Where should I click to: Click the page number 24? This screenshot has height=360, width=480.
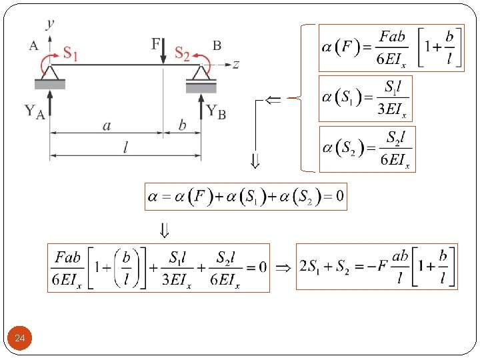pyautogui.click(x=20, y=340)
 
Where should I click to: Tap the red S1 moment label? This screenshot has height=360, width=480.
pyautogui.click(x=70, y=54)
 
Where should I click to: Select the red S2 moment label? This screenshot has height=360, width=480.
pyautogui.click(x=182, y=53)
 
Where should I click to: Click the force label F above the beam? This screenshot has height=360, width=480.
pyautogui.click(x=156, y=44)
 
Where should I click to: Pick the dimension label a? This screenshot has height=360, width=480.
pyautogui.click(x=107, y=125)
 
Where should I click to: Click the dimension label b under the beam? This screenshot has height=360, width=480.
pyautogui.click(x=181, y=125)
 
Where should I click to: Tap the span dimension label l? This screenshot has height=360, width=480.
pyautogui.click(x=125, y=149)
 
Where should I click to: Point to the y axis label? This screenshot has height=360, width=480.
pyautogui.click(x=51, y=24)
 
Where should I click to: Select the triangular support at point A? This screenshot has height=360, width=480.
pyautogui.click(x=51, y=72)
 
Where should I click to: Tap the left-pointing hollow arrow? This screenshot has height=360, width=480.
pyautogui.click(x=273, y=99)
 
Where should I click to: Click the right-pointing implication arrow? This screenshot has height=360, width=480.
pyautogui.click(x=283, y=266)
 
